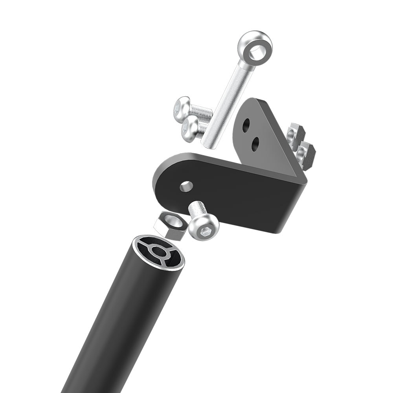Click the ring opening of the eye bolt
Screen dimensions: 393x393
pos(256,50)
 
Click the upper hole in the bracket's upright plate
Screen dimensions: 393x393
pos(246,125)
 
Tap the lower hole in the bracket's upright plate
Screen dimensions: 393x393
pos(255,144)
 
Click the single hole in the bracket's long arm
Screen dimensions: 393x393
pos(186,186)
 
